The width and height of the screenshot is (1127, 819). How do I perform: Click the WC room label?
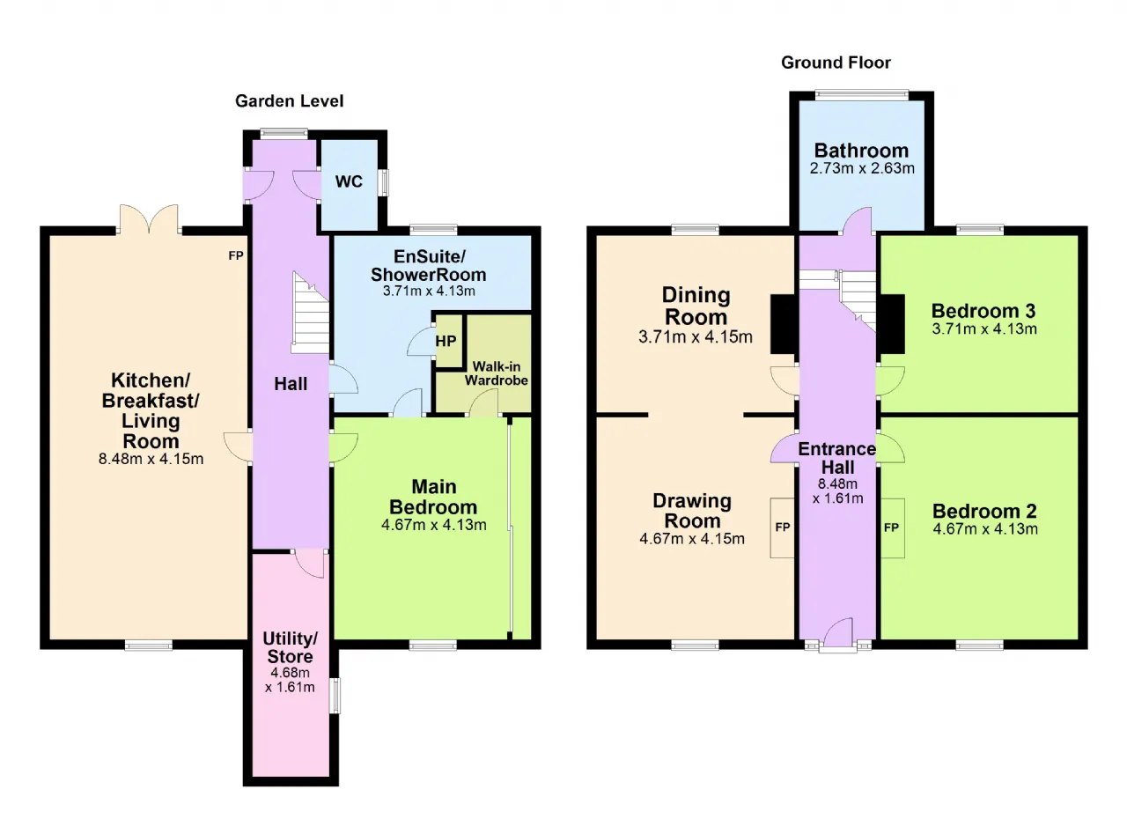349,181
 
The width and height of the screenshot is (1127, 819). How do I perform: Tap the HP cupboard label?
446,342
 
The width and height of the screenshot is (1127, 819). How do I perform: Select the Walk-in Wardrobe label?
496,373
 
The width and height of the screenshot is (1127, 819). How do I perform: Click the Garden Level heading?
290,101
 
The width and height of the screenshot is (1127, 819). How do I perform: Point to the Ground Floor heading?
836,63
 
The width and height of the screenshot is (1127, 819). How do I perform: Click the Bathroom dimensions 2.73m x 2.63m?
862,168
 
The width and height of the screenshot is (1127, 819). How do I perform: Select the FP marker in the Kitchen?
236,255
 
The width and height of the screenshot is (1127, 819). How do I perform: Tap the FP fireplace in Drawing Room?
783,528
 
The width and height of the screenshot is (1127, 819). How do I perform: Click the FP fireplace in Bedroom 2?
892,528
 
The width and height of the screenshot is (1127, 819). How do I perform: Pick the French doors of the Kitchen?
149,220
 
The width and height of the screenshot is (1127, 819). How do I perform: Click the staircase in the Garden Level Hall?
311,313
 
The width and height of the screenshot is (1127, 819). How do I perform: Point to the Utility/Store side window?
335,695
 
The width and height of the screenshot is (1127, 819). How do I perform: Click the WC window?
383,182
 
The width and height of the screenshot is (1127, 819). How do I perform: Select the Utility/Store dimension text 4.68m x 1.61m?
290,680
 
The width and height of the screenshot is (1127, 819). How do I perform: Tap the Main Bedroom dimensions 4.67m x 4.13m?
434,525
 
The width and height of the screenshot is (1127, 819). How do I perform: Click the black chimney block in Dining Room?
783,324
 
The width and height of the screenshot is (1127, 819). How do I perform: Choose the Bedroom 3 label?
983,311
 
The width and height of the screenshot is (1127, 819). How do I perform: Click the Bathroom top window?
862,94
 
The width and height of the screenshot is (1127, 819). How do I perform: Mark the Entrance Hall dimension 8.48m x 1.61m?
837,491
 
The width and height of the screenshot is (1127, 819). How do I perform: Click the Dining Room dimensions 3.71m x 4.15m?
696,336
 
